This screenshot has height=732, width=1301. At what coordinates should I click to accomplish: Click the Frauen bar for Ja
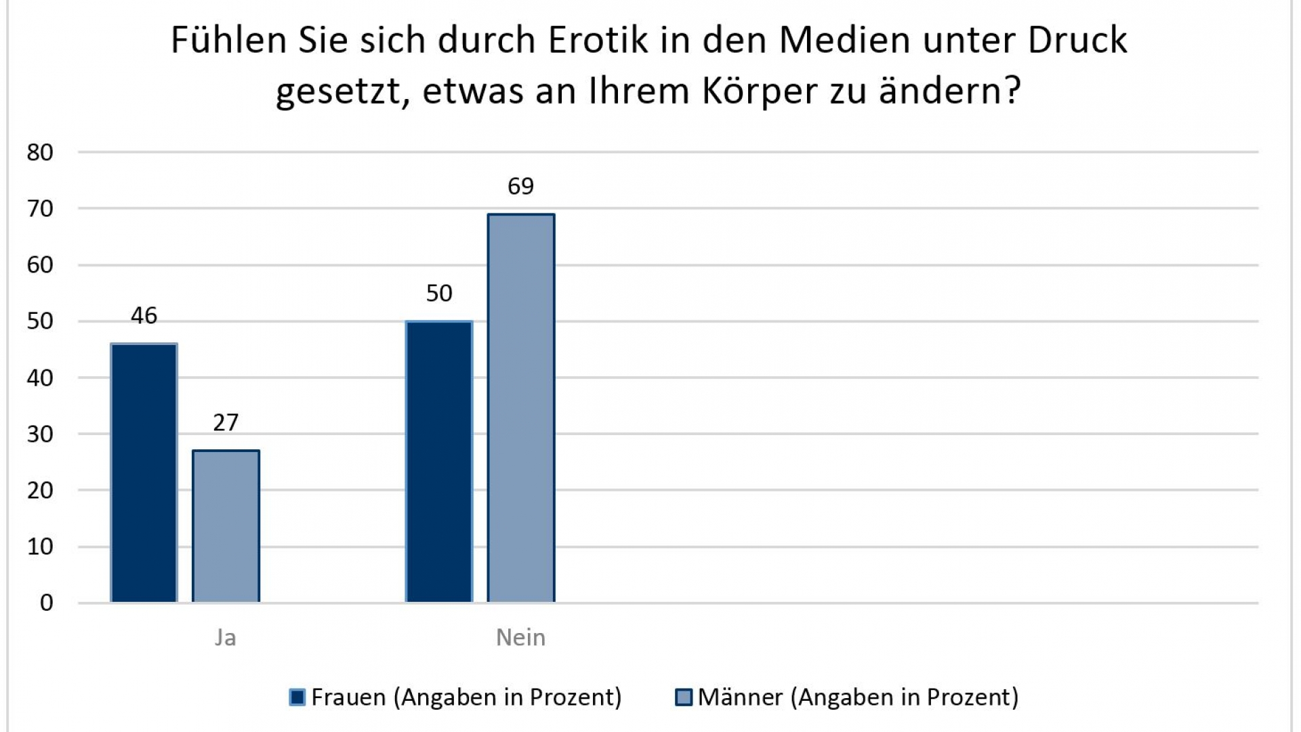click(x=144, y=473)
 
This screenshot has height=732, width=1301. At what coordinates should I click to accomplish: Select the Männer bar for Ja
click(x=226, y=527)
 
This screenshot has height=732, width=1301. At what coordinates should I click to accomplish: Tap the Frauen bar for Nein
click(x=439, y=462)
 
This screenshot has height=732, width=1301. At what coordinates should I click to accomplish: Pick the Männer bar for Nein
click(x=520, y=408)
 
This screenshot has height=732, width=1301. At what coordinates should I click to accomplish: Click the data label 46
click(x=144, y=316)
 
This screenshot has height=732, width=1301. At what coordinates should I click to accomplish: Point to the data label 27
click(x=226, y=423)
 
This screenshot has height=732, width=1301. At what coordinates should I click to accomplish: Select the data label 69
click(x=520, y=186)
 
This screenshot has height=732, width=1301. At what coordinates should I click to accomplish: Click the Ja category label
click(x=226, y=638)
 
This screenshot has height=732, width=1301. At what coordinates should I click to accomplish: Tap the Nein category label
click(x=520, y=638)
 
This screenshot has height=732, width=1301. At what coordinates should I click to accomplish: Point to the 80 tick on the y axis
click(x=40, y=152)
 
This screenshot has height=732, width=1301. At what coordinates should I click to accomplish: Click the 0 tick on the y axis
click(x=46, y=603)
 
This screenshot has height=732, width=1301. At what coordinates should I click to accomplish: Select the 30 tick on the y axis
click(x=40, y=434)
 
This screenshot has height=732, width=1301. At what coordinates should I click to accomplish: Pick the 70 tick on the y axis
click(x=40, y=209)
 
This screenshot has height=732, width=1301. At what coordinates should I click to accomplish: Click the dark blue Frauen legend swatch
click(x=297, y=697)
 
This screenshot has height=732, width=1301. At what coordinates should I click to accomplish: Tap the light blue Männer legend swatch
click(x=684, y=697)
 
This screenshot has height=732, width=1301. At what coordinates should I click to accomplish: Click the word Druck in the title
click(x=1077, y=41)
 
